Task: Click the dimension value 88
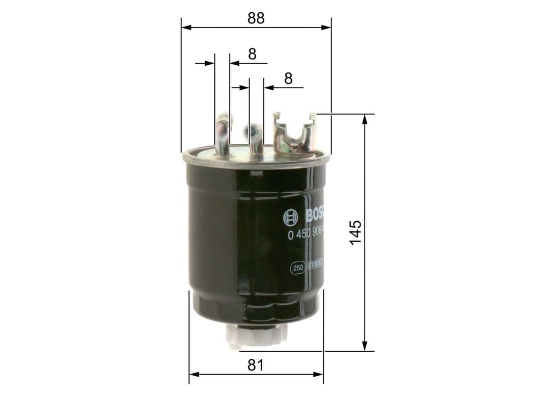[256, 18]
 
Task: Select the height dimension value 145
[355, 232]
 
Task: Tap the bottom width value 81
[256, 365]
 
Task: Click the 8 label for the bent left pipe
[252, 54]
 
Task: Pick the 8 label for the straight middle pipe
[288, 78]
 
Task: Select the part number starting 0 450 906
[307, 235]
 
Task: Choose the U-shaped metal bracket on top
[294, 134]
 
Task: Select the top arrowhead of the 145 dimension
[365, 119]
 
